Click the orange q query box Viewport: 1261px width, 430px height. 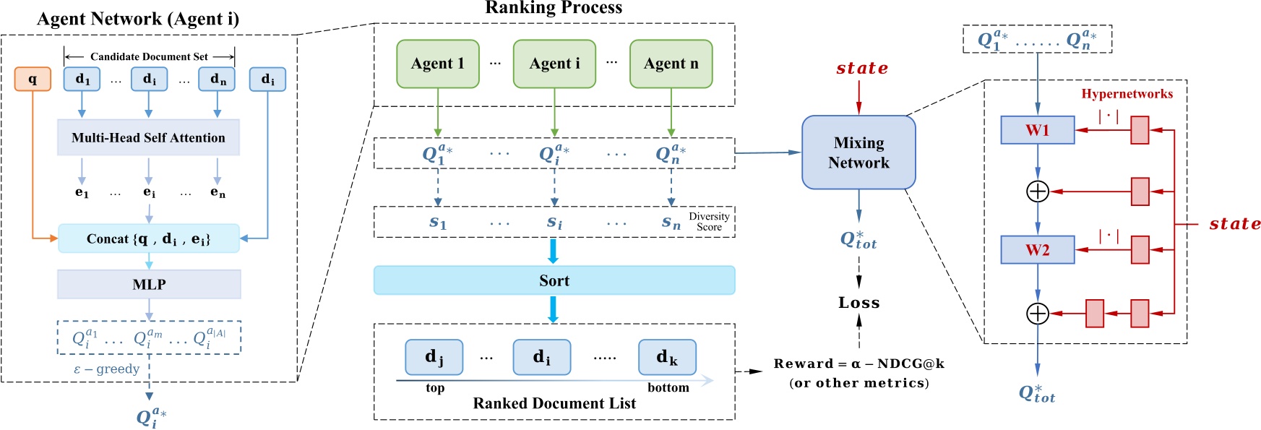pyautogui.click(x=33, y=79)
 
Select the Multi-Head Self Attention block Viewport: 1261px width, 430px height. pyautogui.click(x=148, y=137)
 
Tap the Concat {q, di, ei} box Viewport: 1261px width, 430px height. pyautogui.click(x=148, y=238)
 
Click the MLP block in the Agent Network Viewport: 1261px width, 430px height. pyautogui.click(x=149, y=284)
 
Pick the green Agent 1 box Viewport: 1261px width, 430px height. pyautogui.click(x=437, y=64)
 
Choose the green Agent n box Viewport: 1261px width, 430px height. pyautogui.click(x=671, y=64)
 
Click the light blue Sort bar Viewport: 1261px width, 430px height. pyautogui.click(x=554, y=280)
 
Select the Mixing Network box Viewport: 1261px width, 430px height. pyautogui.click(x=858, y=152)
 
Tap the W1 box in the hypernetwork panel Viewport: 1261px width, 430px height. pyautogui.click(x=1037, y=130)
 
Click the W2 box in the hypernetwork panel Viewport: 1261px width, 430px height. pyautogui.click(x=1037, y=250)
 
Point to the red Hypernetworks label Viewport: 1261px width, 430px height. pyautogui.click(x=1127, y=94)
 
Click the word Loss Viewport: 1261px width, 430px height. pyautogui.click(x=858, y=303)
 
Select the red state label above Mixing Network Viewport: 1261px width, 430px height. pyautogui.click(x=861, y=69)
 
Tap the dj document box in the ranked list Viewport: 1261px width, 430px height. pyautogui.click(x=434, y=357)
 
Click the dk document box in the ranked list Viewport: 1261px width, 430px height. pyautogui.click(x=666, y=357)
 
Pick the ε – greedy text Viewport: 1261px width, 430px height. pyautogui.click(x=106, y=369)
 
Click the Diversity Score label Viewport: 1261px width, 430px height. pyautogui.click(x=708, y=221)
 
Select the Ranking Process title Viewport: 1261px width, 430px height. pyautogui.click(x=554, y=8)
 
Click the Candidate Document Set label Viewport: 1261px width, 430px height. pyautogui.click(x=149, y=56)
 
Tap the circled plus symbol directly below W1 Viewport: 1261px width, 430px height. pyautogui.click(x=1037, y=192)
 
